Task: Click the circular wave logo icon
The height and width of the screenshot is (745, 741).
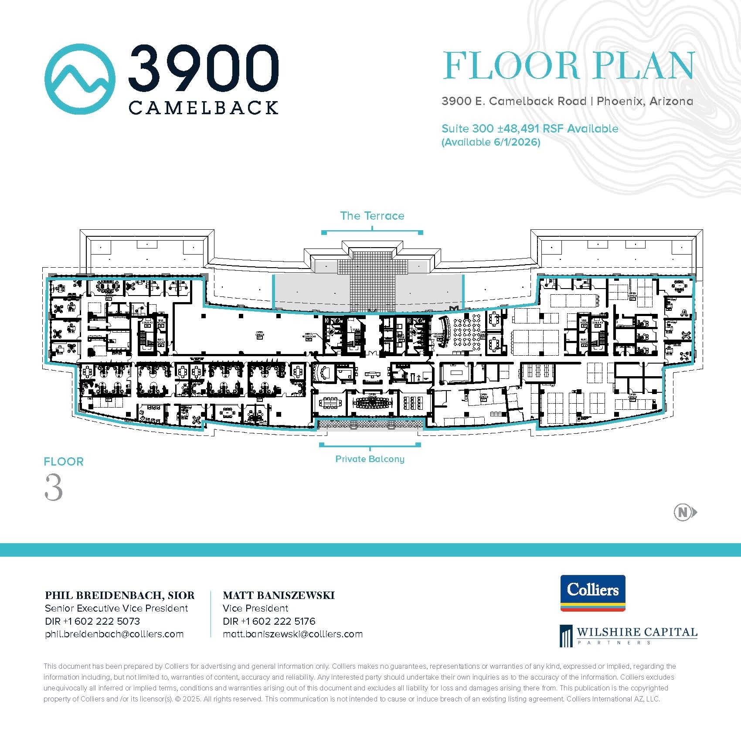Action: coord(80,79)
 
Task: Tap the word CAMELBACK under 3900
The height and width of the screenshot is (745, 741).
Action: coord(203,107)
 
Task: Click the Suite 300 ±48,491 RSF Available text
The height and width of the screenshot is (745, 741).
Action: coord(530,129)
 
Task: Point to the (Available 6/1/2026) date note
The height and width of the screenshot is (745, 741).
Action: coord(491,143)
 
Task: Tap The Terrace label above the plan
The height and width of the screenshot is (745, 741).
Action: coord(372,216)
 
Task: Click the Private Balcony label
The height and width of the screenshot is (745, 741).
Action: coord(370,459)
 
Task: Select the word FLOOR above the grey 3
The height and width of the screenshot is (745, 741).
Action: coord(64,462)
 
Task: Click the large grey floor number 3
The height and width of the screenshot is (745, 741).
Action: coord(54,488)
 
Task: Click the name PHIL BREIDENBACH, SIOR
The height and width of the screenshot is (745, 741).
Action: coord(120,595)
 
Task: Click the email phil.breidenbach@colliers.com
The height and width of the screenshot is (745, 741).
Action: coord(114,634)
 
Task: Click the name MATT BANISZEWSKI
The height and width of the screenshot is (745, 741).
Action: coord(279,595)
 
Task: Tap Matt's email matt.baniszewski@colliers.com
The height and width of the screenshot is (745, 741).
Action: coord(292,634)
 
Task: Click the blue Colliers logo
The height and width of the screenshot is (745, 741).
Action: coord(592,593)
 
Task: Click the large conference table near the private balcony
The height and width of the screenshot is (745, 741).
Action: coord(372,402)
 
